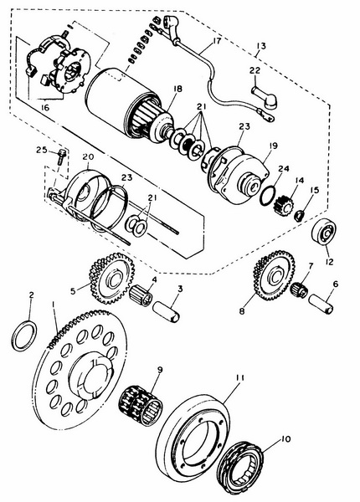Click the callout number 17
pyautogui.click(x=217, y=41)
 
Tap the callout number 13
pyautogui.click(x=261, y=46)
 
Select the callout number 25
pyautogui.click(x=41, y=150)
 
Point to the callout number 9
pyautogui.click(x=160, y=370)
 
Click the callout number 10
pyautogui.click(x=285, y=439)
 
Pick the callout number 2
pyautogui.click(x=31, y=295)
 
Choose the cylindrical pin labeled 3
pyautogui.click(x=166, y=311)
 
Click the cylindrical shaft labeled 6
pyautogui.click(x=321, y=304)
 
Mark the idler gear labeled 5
pyautogui.click(x=111, y=279)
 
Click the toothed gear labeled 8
pyautogui.click(x=274, y=275)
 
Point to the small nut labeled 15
pyautogui.click(x=299, y=216)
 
